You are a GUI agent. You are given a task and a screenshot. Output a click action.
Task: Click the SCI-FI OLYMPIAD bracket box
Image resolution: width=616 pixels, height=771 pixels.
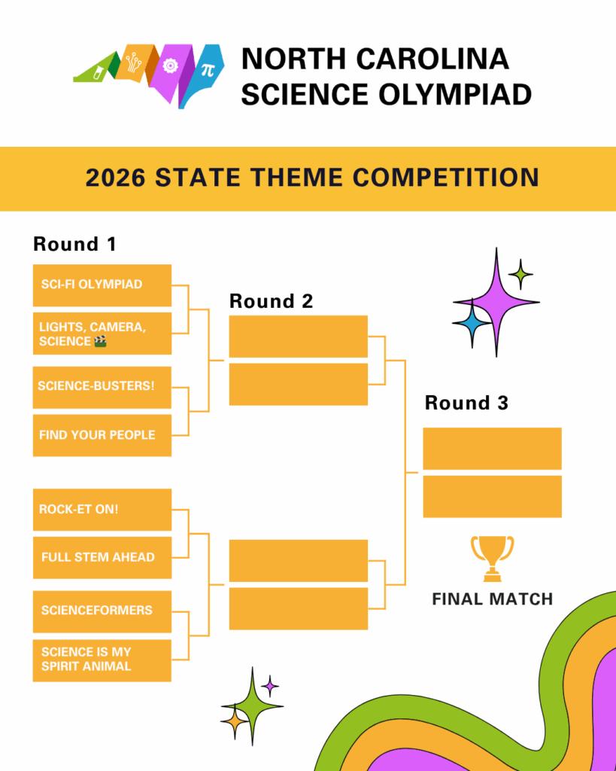click(102, 285)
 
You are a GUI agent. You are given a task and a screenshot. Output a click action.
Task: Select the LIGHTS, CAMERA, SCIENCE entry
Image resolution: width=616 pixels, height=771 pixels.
click(102, 334)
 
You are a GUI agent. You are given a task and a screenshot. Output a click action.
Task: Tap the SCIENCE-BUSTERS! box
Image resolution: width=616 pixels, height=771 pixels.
click(102, 387)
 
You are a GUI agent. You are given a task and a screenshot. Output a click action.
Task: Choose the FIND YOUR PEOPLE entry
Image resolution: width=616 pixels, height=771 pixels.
click(102, 435)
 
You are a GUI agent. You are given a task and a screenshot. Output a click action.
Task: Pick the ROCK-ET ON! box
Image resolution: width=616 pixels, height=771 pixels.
click(102, 510)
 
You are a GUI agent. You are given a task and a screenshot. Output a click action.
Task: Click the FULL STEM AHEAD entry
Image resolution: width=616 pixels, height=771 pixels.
click(102, 558)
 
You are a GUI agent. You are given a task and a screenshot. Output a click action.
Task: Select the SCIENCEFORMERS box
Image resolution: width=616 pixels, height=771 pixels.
click(102, 611)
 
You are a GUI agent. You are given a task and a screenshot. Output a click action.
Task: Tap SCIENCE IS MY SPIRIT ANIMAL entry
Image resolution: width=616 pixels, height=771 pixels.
click(102, 660)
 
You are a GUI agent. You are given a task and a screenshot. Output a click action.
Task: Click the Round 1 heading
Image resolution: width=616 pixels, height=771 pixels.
click(74, 244)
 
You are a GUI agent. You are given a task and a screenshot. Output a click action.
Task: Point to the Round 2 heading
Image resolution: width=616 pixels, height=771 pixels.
click(272, 301)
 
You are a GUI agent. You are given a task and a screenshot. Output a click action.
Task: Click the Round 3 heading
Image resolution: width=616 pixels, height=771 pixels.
click(466, 403)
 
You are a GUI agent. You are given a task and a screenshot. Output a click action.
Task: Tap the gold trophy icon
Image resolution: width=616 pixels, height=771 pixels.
click(492, 559)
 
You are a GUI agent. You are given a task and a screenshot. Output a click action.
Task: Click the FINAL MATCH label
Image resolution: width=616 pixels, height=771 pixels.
click(493, 599)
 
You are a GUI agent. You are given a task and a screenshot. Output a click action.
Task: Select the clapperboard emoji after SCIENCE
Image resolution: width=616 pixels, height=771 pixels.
click(100, 341)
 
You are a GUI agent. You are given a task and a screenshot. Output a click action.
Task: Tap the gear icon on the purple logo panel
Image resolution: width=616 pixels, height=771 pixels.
click(170, 66)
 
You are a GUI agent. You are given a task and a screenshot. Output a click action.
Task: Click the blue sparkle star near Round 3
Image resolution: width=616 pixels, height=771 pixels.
click(472, 323)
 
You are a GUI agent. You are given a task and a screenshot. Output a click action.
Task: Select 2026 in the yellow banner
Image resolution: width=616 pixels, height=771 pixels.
click(115, 178)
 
